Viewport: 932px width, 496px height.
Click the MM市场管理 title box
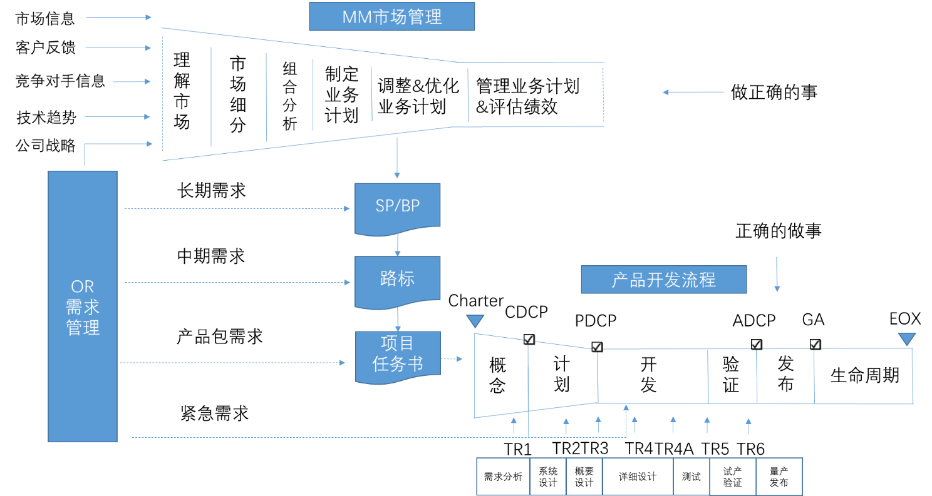pos(391,17)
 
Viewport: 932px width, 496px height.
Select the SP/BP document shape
pos(397,206)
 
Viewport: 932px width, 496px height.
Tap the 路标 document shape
pos(397,279)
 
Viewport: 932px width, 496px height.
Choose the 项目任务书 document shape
pos(398,354)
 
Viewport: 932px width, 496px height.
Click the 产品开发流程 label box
pos(663,280)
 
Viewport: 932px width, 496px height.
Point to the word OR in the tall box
pos(82,286)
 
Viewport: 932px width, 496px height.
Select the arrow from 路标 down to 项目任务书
pos(397,320)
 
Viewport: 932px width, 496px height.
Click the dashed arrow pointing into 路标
pos(237,283)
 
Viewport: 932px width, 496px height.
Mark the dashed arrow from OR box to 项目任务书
pos(232,363)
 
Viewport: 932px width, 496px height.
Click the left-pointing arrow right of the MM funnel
pos(693,93)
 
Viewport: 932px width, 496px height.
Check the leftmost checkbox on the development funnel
pos(529,339)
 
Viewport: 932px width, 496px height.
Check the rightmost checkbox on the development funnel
pos(815,344)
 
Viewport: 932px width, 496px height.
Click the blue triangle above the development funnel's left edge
pos(475,321)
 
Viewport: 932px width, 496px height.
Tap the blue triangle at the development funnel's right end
pos(906,339)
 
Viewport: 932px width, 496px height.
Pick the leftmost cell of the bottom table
pos(502,476)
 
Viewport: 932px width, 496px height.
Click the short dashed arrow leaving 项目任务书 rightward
pos(452,359)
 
